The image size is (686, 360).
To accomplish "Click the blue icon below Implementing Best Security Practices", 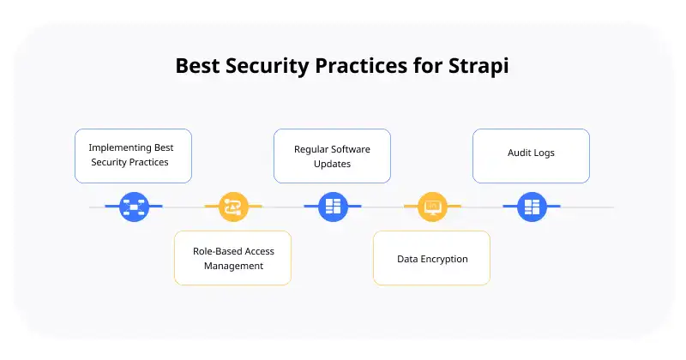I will [x=134, y=207].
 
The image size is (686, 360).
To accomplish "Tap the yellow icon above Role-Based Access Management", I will [x=233, y=207].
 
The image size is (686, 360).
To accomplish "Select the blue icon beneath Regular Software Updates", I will [x=333, y=207].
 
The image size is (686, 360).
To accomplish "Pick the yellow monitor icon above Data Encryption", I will [x=432, y=207].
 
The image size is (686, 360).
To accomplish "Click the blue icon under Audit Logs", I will [x=532, y=207].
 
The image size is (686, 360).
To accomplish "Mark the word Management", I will [x=233, y=266].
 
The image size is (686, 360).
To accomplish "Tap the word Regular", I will [x=312, y=149].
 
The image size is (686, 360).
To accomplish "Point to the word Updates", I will [x=333, y=164].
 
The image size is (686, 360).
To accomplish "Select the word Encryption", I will [x=443, y=259].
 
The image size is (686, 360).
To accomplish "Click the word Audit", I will [x=520, y=153].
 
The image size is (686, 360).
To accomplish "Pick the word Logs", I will [x=544, y=153].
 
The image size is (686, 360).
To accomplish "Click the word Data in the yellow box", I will [x=406, y=259].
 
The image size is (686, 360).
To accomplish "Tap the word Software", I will [x=352, y=149].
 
